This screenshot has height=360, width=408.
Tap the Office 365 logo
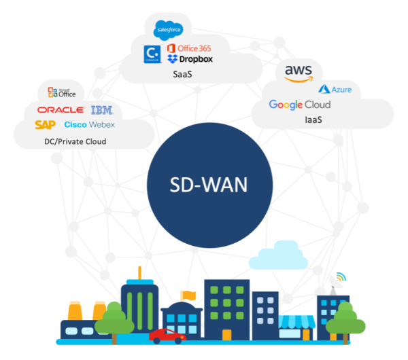click(x=194, y=48)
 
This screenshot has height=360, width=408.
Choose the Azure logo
click(x=335, y=89)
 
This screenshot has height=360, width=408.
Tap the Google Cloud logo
click(x=300, y=105)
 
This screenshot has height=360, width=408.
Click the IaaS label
click(x=313, y=120)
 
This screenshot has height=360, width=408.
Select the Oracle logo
click(x=61, y=110)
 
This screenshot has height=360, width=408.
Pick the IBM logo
click(x=101, y=110)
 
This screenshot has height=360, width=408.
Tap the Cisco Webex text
click(x=89, y=125)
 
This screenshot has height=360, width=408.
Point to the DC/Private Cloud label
click(x=71, y=142)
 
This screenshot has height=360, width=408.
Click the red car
click(x=166, y=335)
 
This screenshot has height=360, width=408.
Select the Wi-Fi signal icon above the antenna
click(x=340, y=278)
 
